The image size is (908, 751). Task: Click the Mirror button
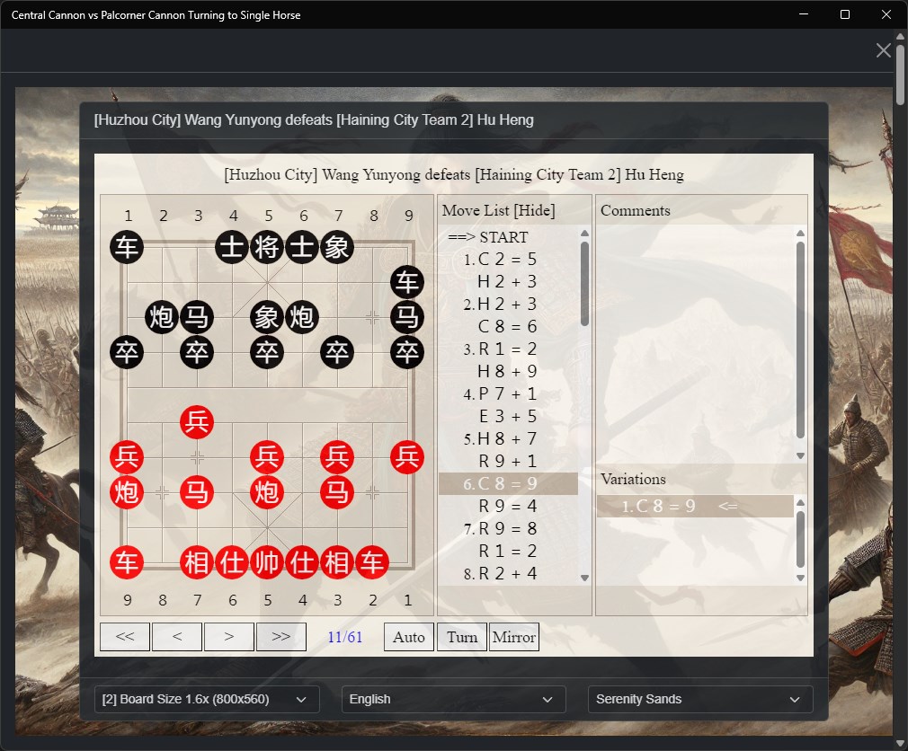[514, 637]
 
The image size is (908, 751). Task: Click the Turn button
[462, 637]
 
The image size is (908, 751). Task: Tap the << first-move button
[125, 637]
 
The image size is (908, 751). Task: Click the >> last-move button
[280, 637]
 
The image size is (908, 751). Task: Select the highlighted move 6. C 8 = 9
[501, 483]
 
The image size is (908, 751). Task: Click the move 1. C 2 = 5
[501, 260]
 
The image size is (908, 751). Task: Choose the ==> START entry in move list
[487, 237]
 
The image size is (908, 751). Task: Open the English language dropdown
[453, 699]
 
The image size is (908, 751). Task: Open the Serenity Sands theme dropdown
[700, 699]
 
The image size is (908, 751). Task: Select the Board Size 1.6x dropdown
[207, 699]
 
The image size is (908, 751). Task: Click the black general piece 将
[267, 248]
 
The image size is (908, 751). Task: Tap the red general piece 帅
[267, 562]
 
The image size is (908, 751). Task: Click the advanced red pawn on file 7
[197, 422]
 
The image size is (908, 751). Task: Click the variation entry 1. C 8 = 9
[658, 507]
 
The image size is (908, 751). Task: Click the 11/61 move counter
[345, 637]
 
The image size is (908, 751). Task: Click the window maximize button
[845, 14]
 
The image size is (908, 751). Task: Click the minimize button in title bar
[803, 14]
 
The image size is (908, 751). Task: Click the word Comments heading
[636, 210]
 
